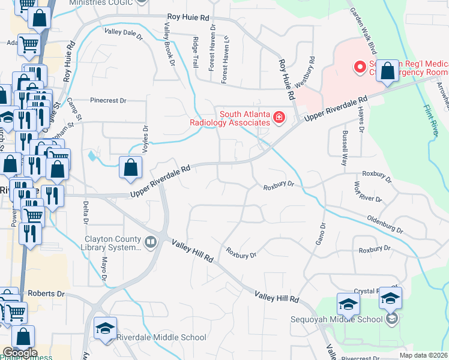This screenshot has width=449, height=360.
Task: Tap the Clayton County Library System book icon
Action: tap(151, 242)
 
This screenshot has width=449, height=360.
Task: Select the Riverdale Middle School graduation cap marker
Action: tap(105, 329)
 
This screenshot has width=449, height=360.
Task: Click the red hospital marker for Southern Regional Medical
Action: tap(360, 67)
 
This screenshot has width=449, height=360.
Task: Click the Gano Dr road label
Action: tap(319, 234)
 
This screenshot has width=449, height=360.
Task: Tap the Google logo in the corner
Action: tap(20, 353)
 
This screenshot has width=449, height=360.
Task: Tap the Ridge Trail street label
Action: tap(194, 51)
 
